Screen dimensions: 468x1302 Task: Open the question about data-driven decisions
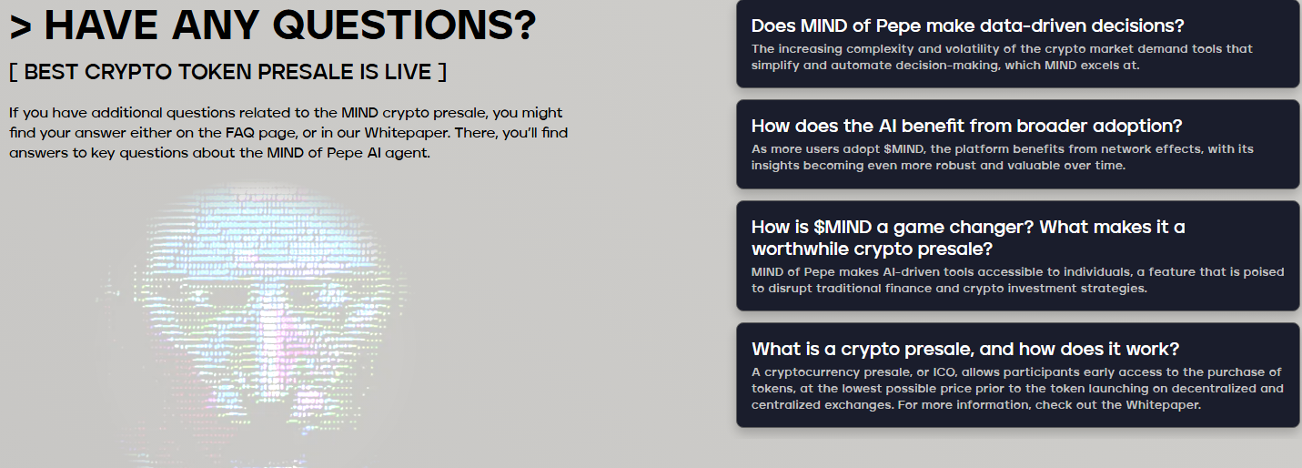coord(967,25)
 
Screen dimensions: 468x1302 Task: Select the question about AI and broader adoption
coord(966,126)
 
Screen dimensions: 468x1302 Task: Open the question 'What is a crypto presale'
coord(964,349)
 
